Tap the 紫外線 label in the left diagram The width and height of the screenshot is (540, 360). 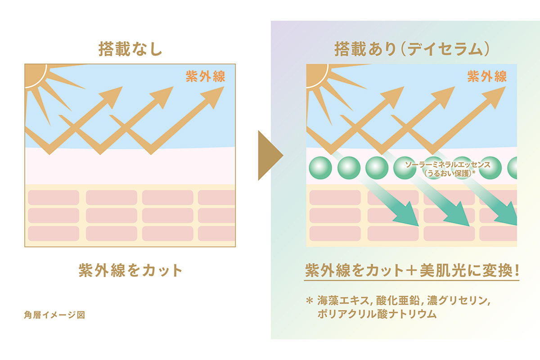pos(205,76)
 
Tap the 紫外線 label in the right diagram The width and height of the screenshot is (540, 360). pos(487,76)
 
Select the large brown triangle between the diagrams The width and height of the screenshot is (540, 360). pos(269,155)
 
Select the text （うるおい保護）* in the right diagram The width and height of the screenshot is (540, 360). pos(450,174)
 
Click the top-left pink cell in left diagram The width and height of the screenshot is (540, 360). pos(54,198)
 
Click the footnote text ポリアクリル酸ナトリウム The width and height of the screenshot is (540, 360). pos(377,314)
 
